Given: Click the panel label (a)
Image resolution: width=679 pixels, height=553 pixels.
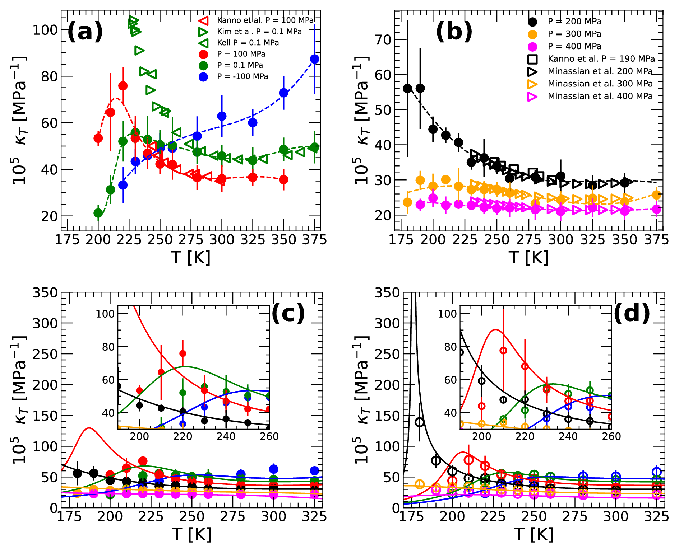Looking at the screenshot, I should tap(85, 32).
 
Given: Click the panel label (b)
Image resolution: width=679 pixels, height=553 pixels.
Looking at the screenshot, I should tap(454, 32).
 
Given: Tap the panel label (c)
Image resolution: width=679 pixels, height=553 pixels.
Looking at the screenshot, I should tap(288, 313).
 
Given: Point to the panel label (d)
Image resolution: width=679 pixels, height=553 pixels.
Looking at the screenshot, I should tap(632, 313).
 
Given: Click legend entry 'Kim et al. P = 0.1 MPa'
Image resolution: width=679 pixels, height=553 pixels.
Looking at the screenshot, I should tap(259, 32).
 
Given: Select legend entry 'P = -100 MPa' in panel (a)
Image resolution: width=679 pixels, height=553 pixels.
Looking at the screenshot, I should tap(242, 76).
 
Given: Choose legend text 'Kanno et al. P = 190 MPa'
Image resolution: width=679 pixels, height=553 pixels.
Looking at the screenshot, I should tap(601, 59).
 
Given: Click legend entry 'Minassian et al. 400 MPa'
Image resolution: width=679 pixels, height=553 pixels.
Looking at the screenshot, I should tap(600, 96).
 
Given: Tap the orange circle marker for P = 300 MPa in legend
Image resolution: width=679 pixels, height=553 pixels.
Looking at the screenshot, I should tap(532, 34).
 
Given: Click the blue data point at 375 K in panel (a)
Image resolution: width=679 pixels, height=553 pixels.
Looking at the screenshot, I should tap(315, 59).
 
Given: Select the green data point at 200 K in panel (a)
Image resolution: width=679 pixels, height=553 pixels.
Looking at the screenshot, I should tap(98, 213).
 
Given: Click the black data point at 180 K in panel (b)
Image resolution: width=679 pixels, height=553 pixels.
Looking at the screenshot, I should tap(407, 89).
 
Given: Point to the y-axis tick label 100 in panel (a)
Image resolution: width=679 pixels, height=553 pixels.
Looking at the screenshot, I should tap(45, 30).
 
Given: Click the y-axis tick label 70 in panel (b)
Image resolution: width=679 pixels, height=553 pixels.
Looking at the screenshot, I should tap(383, 40).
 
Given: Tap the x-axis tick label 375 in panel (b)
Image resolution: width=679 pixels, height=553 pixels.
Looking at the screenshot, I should tap(656, 240).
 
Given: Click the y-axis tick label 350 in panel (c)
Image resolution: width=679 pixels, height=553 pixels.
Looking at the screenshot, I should tap(45, 293).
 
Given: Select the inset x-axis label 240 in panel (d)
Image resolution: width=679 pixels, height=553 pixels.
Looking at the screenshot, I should tap(568, 436).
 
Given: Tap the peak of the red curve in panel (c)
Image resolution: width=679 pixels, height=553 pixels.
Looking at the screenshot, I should tap(89, 428).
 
